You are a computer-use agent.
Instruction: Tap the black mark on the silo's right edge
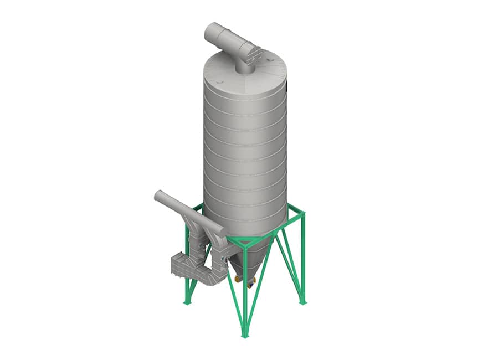(x=288, y=85)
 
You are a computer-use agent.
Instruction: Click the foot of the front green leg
(x=244, y=335)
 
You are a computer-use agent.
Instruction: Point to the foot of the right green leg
(x=302, y=302)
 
